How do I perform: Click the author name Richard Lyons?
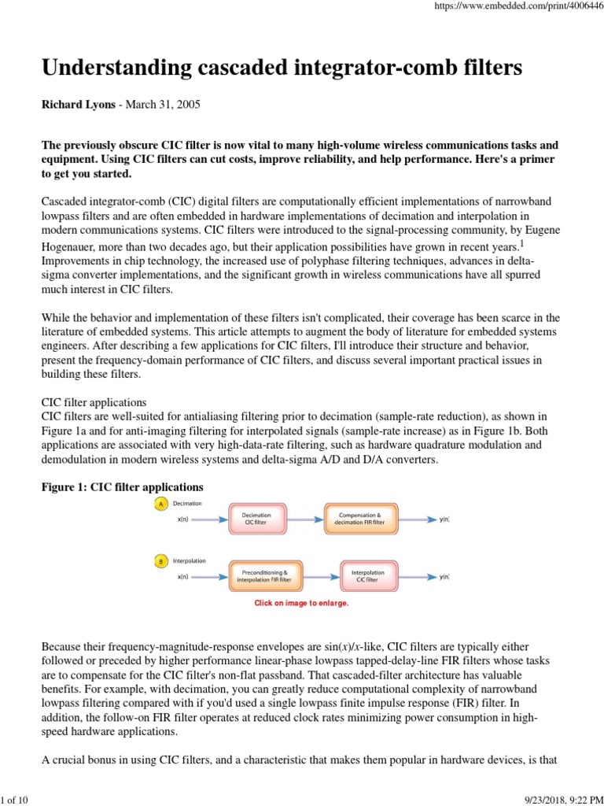click(x=75, y=105)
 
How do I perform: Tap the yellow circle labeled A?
click(x=160, y=503)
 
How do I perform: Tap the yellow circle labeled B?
click(x=160, y=561)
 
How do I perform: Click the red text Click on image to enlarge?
click(x=300, y=603)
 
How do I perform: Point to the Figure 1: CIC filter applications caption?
click(x=122, y=487)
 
